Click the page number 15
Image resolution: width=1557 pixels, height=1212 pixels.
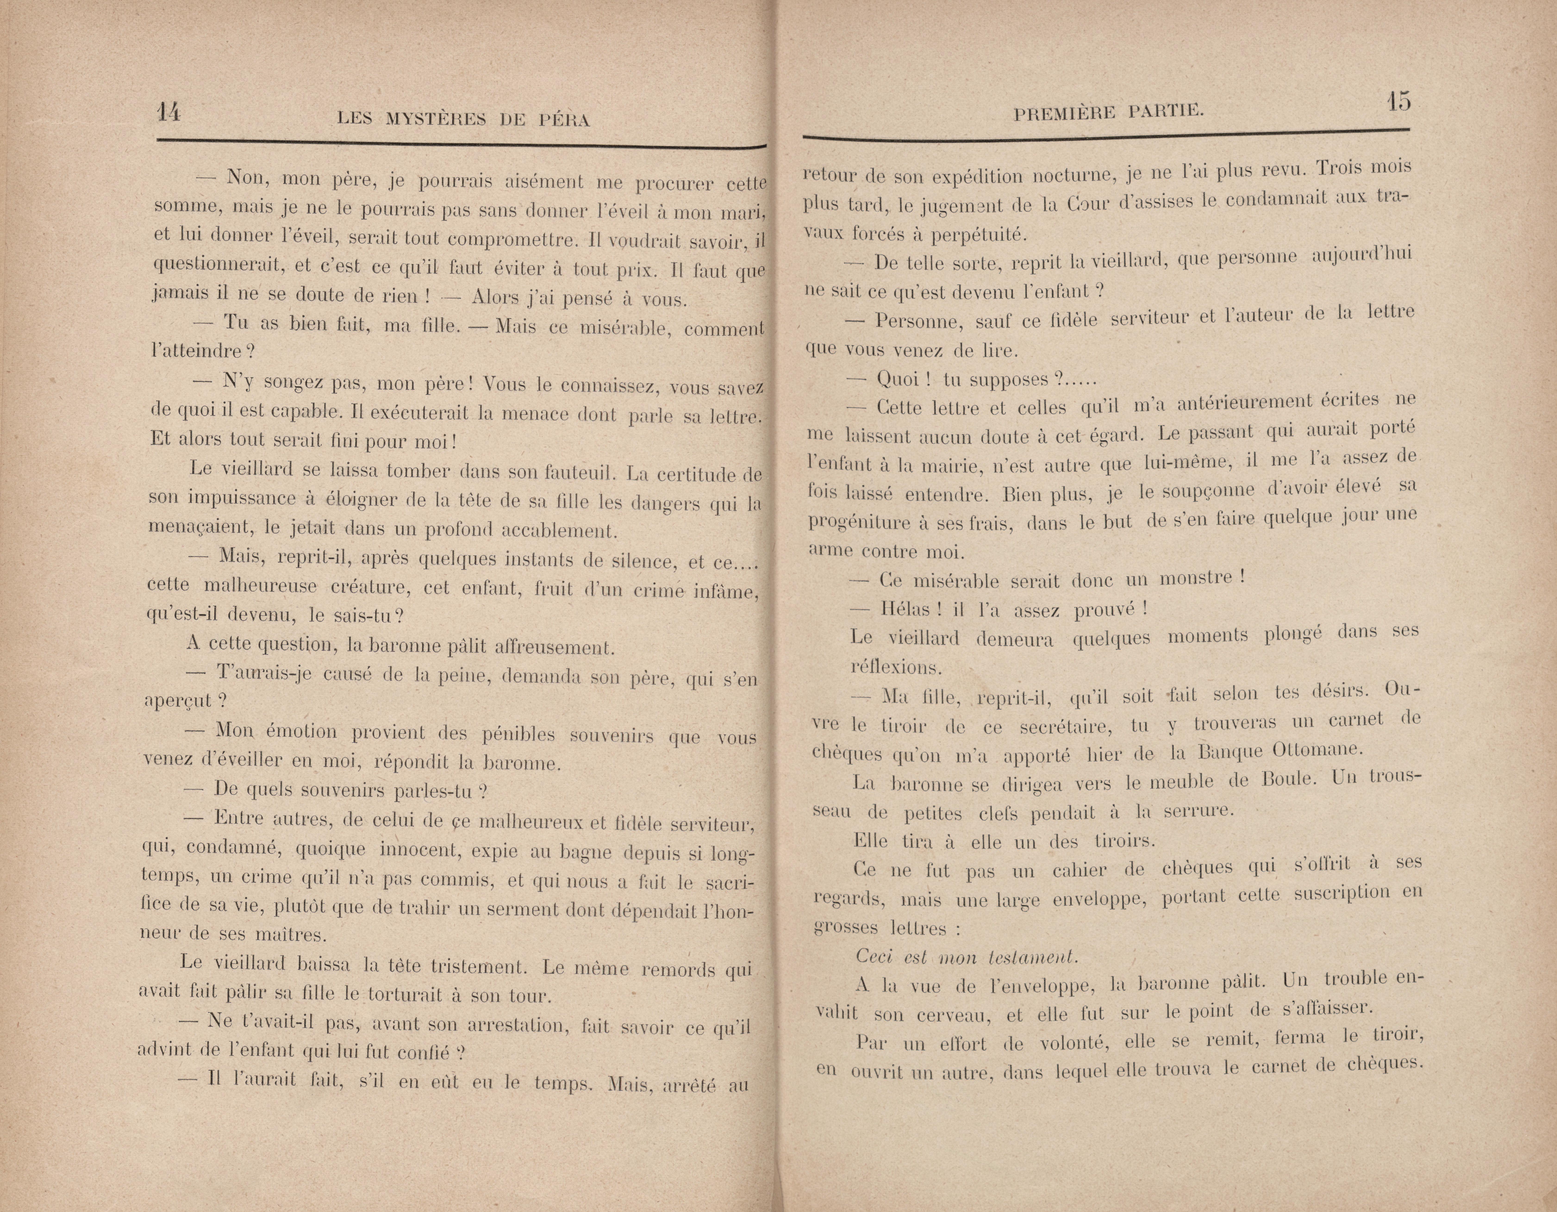coord(1398,101)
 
